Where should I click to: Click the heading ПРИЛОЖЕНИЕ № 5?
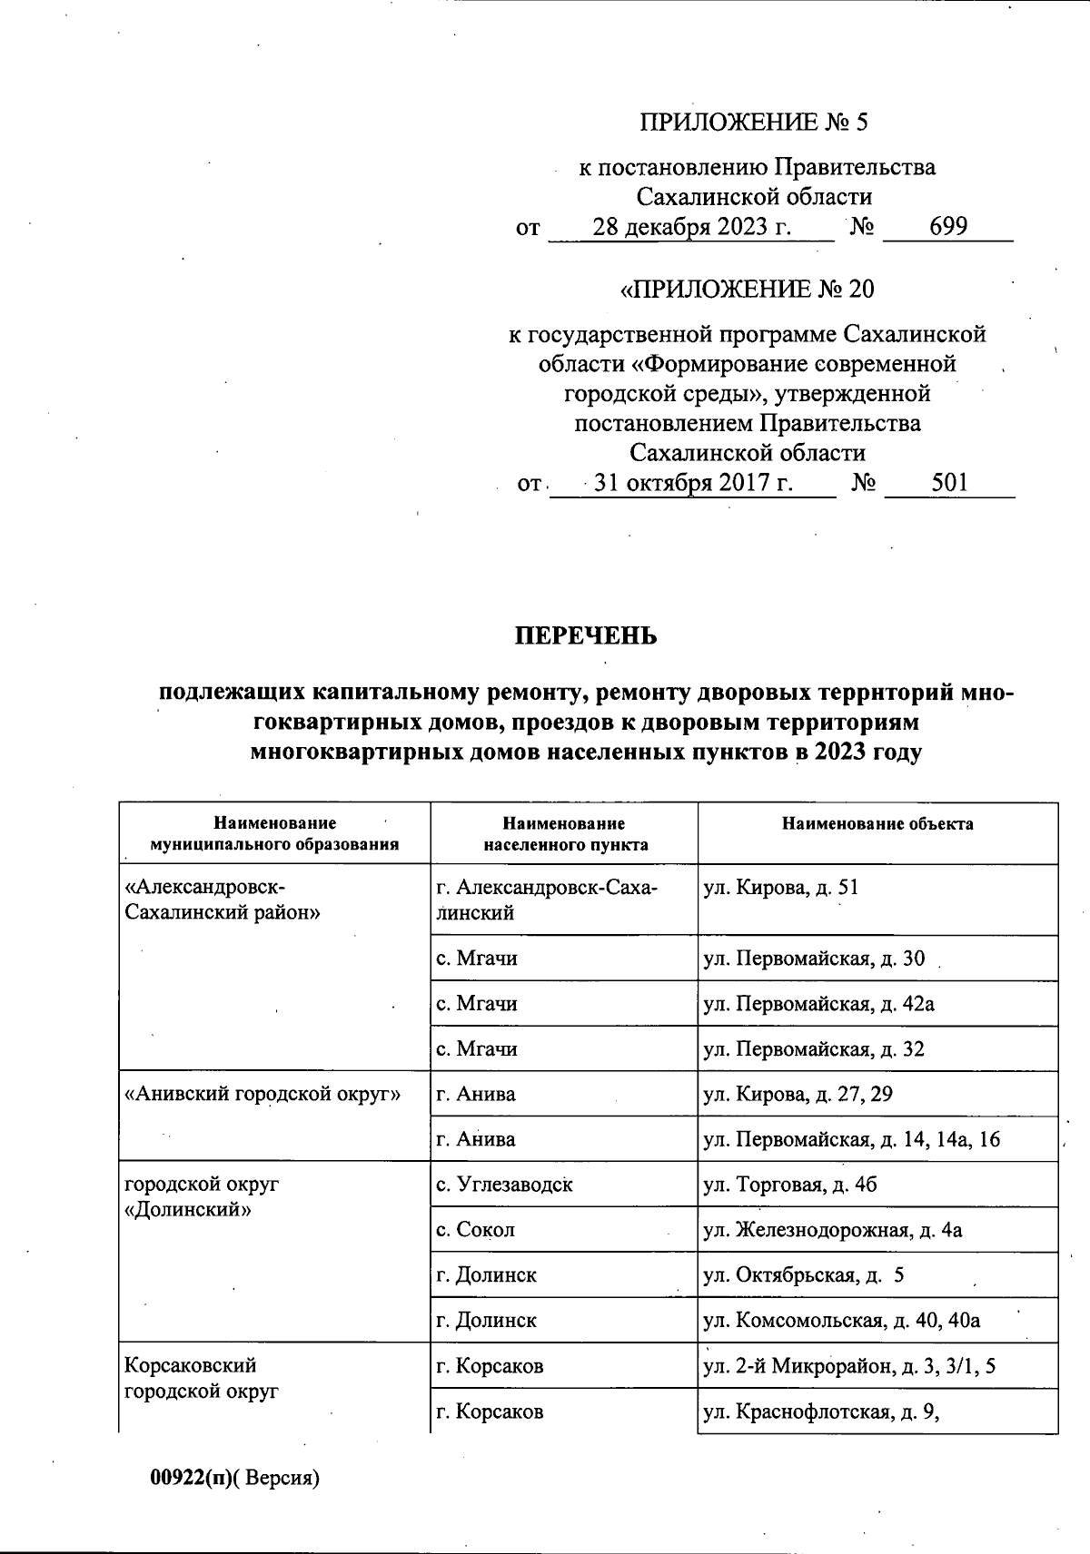point(754,123)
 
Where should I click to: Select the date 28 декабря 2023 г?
point(692,227)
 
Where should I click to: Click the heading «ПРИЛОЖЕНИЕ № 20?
point(746,290)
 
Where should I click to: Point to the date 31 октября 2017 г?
point(693,484)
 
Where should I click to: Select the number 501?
point(949,484)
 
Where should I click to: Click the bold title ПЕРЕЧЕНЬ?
point(586,636)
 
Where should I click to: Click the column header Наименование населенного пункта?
point(564,833)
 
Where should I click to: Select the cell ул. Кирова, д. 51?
point(780,888)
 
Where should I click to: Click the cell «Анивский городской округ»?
point(262,1094)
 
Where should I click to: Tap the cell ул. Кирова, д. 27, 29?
point(798,1094)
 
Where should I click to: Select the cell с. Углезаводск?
point(504,1185)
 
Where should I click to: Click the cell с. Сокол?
point(475,1230)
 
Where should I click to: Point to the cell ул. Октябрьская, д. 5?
point(803,1275)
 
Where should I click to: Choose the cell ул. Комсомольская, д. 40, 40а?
point(841,1321)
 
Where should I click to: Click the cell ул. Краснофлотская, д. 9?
point(820,1411)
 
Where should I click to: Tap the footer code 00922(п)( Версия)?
point(235,1479)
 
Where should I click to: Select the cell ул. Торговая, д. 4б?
point(790,1185)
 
